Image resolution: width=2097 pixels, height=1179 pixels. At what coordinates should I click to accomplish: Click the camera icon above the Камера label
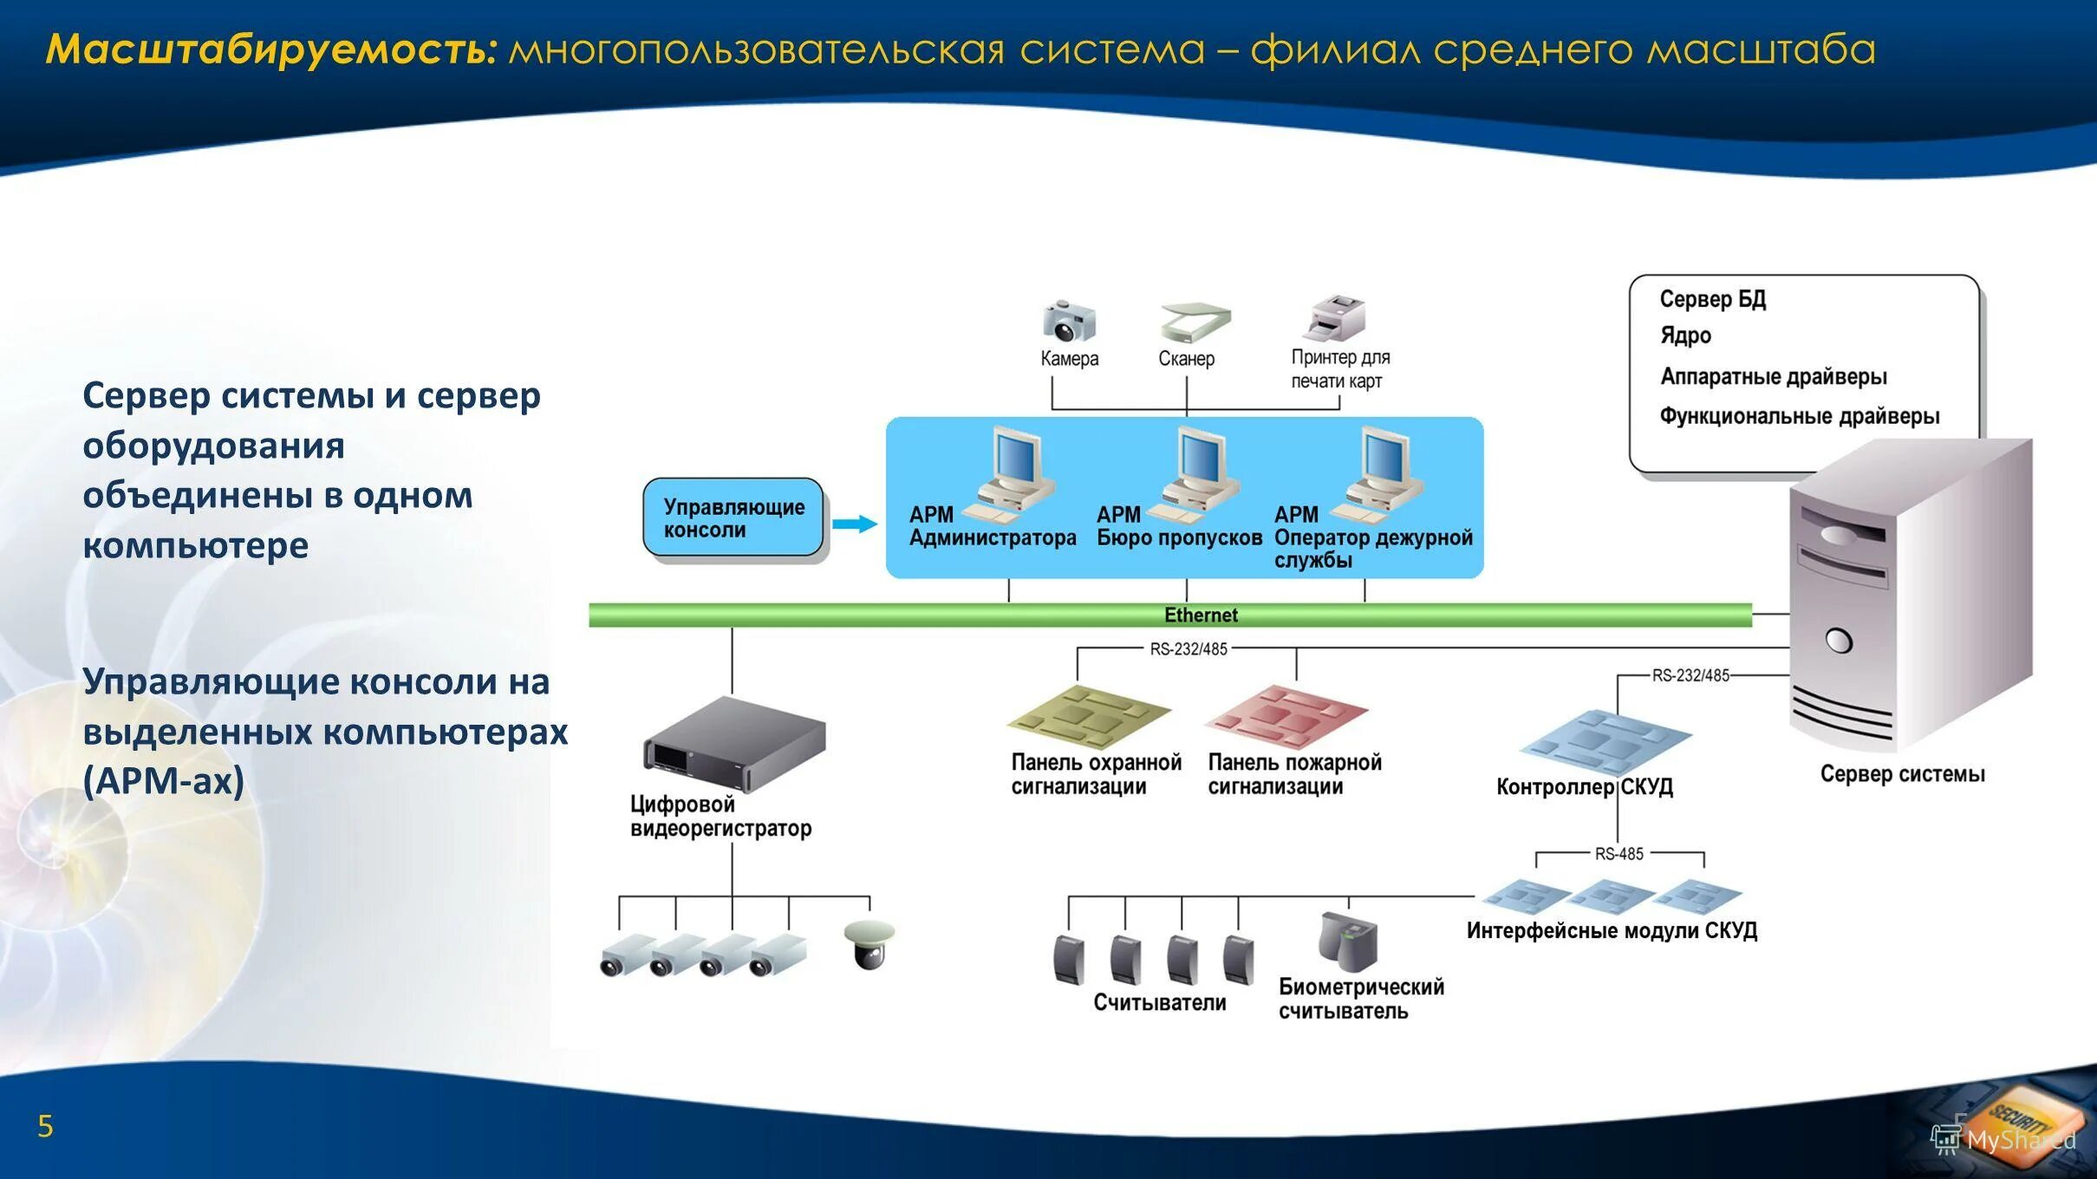tap(1068, 321)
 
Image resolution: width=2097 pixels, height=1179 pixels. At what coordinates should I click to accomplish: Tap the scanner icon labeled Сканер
tap(1195, 322)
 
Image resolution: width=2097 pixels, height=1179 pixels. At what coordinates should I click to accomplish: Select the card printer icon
tap(1335, 318)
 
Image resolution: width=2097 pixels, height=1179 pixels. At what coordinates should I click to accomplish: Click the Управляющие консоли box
tap(733, 518)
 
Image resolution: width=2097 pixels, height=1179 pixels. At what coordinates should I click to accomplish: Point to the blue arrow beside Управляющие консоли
tap(855, 524)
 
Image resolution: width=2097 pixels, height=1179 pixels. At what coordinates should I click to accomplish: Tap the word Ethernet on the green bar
tap(1200, 616)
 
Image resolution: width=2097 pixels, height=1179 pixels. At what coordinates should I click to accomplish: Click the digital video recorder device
tap(734, 744)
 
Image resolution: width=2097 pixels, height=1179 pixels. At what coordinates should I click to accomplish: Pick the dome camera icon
tap(869, 945)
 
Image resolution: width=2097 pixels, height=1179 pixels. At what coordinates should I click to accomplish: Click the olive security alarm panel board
tap(1089, 716)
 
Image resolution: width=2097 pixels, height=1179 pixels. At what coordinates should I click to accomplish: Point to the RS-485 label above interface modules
tap(1618, 854)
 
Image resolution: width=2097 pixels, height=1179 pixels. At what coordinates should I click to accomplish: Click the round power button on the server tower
tap(1838, 642)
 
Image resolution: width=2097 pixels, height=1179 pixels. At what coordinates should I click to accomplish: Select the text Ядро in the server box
tap(1685, 336)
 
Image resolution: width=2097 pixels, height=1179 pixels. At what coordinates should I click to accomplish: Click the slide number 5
tap(45, 1126)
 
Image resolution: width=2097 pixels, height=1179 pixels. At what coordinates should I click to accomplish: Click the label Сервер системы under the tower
tap(1902, 774)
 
